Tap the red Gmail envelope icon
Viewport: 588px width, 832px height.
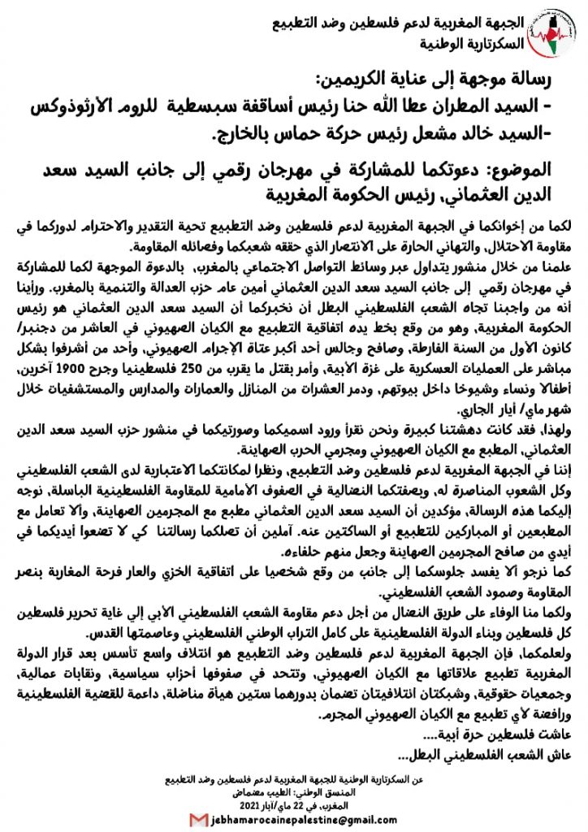coord(197,820)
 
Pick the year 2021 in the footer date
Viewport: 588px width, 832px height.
coord(235,807)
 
